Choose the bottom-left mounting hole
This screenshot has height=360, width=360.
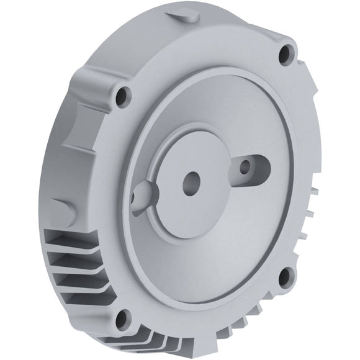122,320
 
